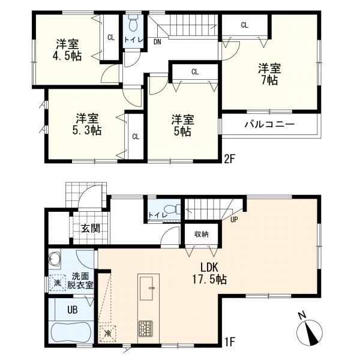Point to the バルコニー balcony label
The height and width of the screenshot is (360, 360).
[268, 125]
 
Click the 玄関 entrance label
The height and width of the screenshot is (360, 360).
[91, 228]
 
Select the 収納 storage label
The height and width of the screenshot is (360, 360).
[200, 234]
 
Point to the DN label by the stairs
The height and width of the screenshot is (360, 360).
[157, 41]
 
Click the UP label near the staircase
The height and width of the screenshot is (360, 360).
[235, 219]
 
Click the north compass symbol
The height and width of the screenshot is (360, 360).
[310, 330]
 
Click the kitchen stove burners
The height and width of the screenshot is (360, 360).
[146, 329]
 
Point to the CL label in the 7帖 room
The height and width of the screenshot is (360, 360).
[244, 25]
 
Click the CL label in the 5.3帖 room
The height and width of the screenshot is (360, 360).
[136, 136]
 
